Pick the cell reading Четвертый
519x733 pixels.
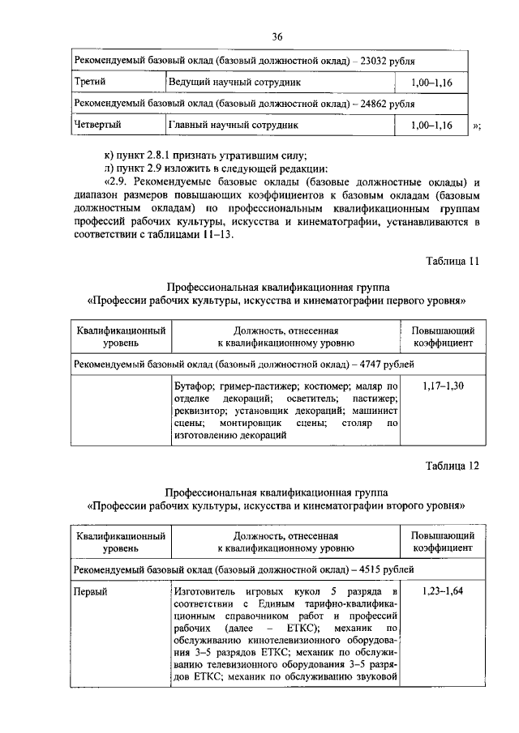click(x=97, y=126)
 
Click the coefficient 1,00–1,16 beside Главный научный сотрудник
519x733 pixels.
click(x=431, y=126)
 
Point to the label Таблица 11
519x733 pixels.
click(x=453, y=261)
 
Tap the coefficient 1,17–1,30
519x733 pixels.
click(x=443, y=386)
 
